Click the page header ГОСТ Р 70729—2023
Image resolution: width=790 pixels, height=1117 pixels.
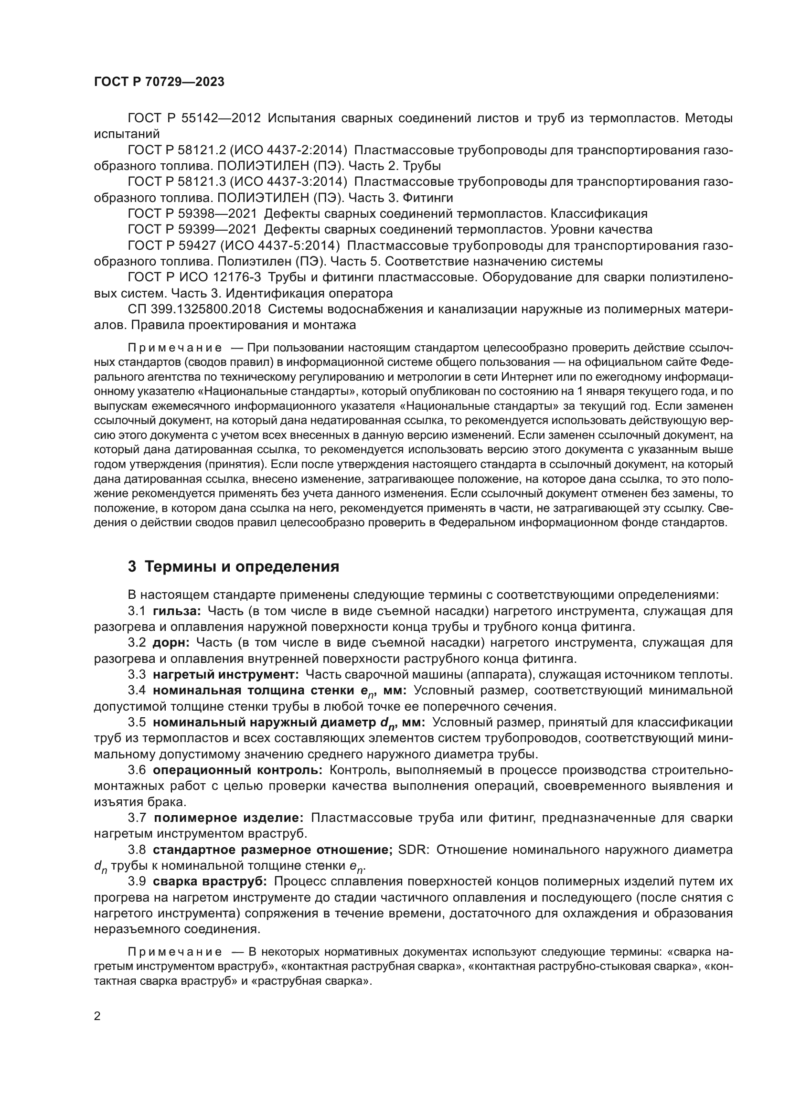point(159,82)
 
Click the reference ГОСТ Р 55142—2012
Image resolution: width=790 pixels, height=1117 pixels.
point(194,118)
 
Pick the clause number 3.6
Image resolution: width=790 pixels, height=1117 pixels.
point(137,770)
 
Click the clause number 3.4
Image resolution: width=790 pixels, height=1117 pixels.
point(137,691)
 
